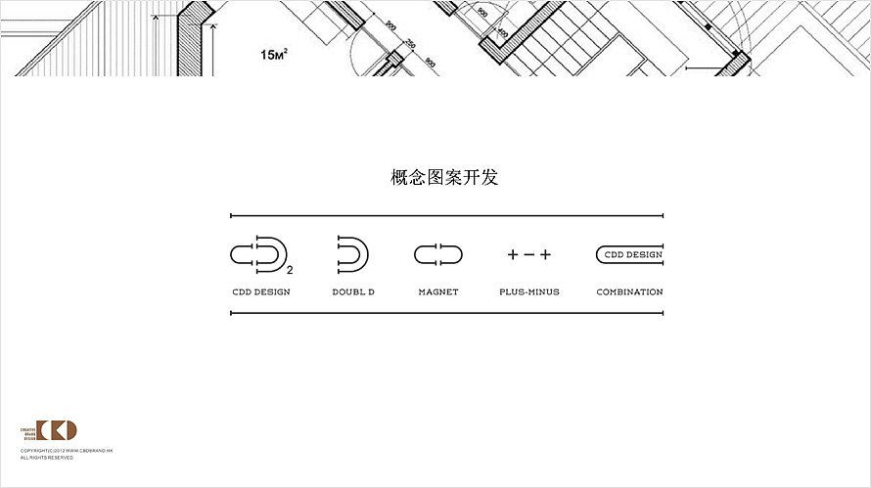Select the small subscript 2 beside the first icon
pyautogui.click(x=291, y=268)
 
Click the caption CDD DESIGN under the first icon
pyautogui.click(x=261, y=291)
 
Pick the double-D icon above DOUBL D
pyautogui.click(x=351, y=254)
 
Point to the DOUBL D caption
pyautogui.click(x=353, y=291)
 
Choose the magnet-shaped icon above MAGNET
pyautogui.click(x=437, y=255)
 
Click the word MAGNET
pyautogui.click(x=438, y=291)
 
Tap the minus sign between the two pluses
pyautogui.click(x=528, y=255)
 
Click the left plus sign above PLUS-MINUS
pyautogui.click(x=512, y=255)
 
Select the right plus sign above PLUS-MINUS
pyautogui.click(x=545, y=255)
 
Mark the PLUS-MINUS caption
pyautogui.click(x=529, y=291)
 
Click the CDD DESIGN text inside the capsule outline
pyautogui.click(x=633, y=255)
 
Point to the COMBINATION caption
pyautogui.click(x=629, y=291)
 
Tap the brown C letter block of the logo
pyautogui.click(x=43, y=431)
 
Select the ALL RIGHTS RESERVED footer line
pyautogui.click(x=46, y=457)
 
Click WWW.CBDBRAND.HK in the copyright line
pyautogui.click(x=90, y=451)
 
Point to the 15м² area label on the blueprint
pyautogui.click(x=273, y=56)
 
